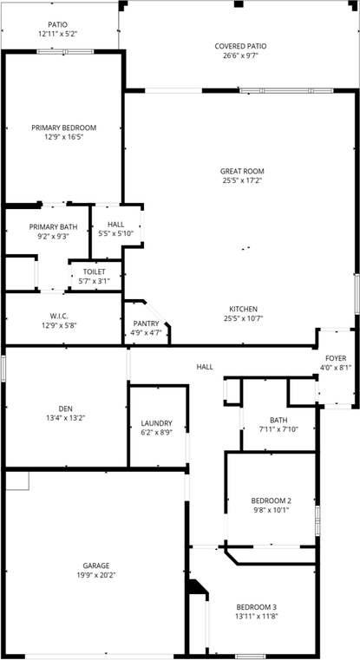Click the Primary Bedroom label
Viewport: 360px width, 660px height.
click(64, 127)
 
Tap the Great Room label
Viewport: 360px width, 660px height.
click(242, 171)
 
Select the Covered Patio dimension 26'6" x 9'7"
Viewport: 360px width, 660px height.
click(240, 56)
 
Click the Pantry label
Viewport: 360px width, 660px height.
click(146, 323)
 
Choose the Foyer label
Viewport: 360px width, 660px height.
click(336, 358)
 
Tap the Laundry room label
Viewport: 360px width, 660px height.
click(156, 423)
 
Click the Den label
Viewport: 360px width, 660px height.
click(65, 408)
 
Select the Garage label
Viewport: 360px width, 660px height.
click(95, 565)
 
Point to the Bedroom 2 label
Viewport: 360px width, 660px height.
click(271, 500)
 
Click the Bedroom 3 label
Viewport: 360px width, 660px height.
click(258, 606)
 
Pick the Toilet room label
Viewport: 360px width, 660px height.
click(94, 271)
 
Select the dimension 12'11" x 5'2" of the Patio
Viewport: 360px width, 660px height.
click(58, 34)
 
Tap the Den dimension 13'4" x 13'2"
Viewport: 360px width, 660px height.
click(65, 417)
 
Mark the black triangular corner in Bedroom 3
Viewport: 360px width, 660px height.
click(198, 589)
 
